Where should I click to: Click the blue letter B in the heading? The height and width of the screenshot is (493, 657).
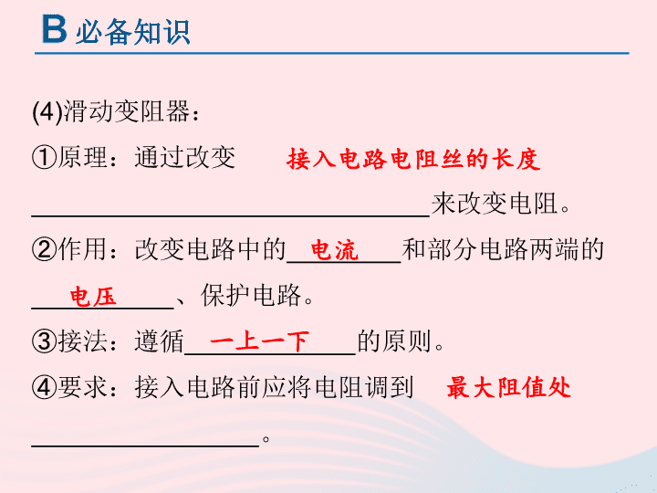[54, 29]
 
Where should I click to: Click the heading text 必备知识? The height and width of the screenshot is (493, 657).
[133, 31]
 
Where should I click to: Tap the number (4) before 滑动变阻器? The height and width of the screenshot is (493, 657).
[47, 113]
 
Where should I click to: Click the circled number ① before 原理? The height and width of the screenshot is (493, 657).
[44, 158]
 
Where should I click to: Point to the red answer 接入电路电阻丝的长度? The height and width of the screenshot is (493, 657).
[413, 159]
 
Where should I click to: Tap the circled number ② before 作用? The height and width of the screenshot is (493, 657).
[44, 249]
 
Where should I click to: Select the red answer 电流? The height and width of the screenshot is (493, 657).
[334, 250]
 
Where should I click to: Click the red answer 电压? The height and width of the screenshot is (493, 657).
[93, 297]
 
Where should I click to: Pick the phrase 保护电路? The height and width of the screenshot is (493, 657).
[251, 295]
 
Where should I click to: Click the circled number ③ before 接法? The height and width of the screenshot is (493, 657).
[44, 341]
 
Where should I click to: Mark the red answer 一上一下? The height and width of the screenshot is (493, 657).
[259, 341]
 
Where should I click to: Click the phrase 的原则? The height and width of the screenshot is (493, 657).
[395, 341]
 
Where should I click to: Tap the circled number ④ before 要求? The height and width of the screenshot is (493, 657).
[44, 387]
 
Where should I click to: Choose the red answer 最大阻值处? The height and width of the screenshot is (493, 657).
[508, 387]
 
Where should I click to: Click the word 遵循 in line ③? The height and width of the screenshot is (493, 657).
[159, 341]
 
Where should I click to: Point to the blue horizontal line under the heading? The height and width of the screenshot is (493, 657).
[332, 53]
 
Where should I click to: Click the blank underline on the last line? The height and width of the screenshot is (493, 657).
[145, 446]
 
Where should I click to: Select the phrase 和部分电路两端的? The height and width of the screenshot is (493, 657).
[503, 249]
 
